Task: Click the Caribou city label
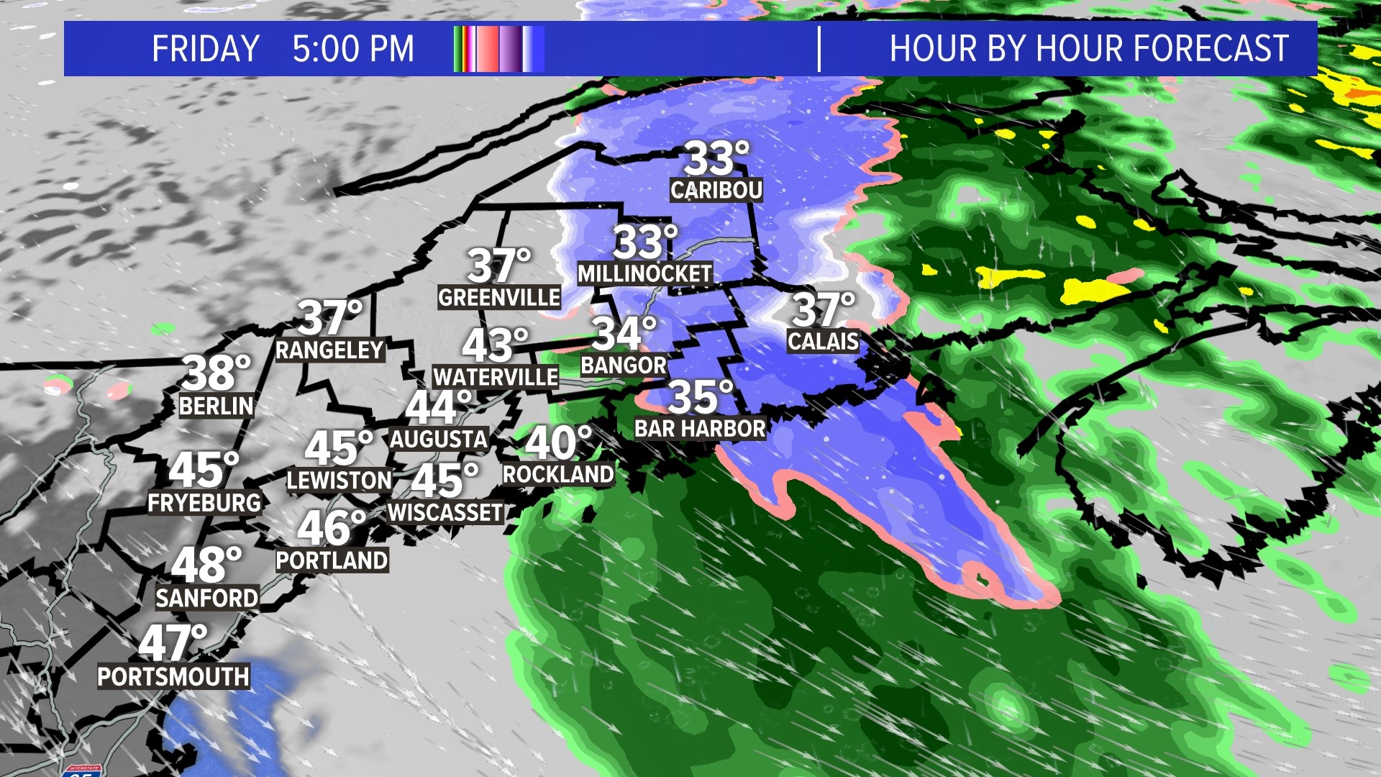[716, 190]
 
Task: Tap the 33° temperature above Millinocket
[645, 242]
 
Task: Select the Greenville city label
[499, 297]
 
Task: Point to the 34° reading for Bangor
[624, 334]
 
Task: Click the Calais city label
[823, 341]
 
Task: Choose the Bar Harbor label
[700, 429]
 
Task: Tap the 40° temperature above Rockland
[558, 442]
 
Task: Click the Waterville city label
[496, 377]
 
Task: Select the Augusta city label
[439, 439]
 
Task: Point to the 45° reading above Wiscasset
[444, 481]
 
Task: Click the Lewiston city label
[339, 480]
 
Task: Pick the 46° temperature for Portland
[332, 528]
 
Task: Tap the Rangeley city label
[329, 350]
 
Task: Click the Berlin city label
[217, 406]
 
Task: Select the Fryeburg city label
[204, 503]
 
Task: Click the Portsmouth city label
[173, 676]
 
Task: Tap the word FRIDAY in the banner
[206, 49]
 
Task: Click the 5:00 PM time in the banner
[353, 49]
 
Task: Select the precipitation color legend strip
[498, 49]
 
